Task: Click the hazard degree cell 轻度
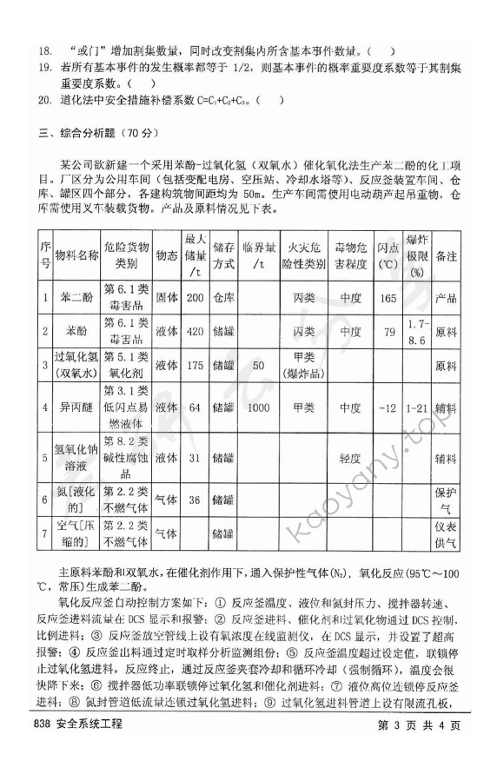(x=349, y=456)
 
